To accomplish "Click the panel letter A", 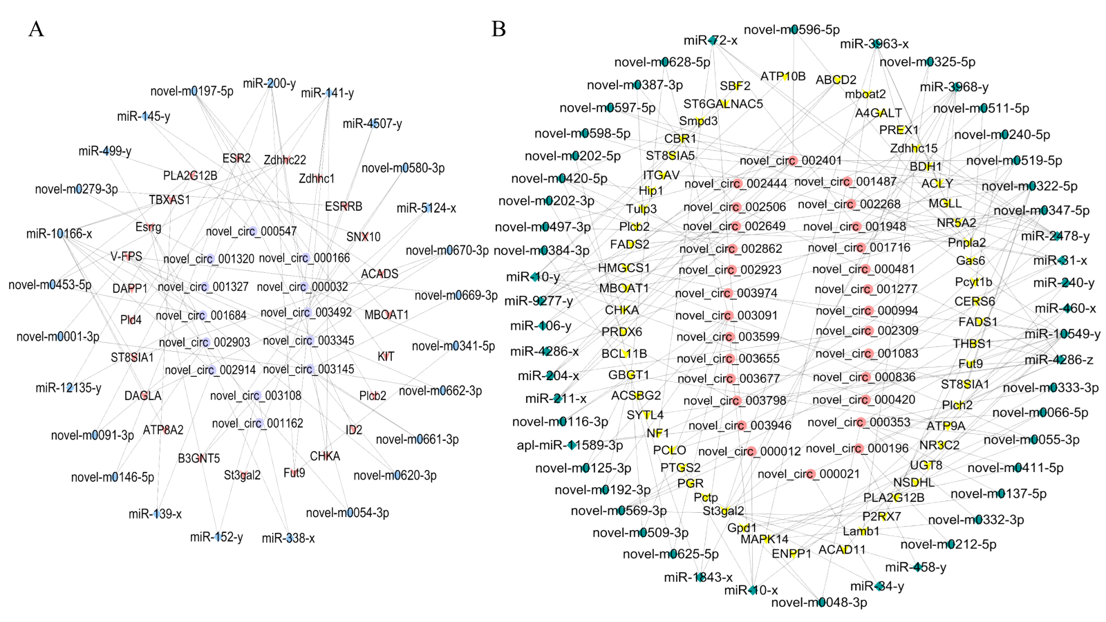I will click(x=36, y=29).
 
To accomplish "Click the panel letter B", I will click(x=498, y=29).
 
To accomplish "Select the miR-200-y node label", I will click(x=269, y=84).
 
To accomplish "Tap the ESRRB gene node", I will click(x=344, y=206).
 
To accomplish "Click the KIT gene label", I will click(x=386, y=356).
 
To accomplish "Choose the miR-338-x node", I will click(x=288, y=538).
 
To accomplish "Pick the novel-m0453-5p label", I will click(x=50, y=285).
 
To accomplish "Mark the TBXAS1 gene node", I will click(x=169, y=200).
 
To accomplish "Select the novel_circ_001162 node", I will click(x=257, y=423).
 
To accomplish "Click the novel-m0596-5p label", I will click(x=791, y=30).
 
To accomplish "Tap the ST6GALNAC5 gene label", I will click(x=723, y=104).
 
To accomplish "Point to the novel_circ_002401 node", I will click(x=791, y=160).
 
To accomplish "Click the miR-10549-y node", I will click(x=1062, y=334).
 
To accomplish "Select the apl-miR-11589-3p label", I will click(x=570, y=445).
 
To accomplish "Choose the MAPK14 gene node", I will click(x=765, y=539).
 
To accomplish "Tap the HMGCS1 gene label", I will click(x=624, y=268).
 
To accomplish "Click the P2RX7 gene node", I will click(x=881, y=516).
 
